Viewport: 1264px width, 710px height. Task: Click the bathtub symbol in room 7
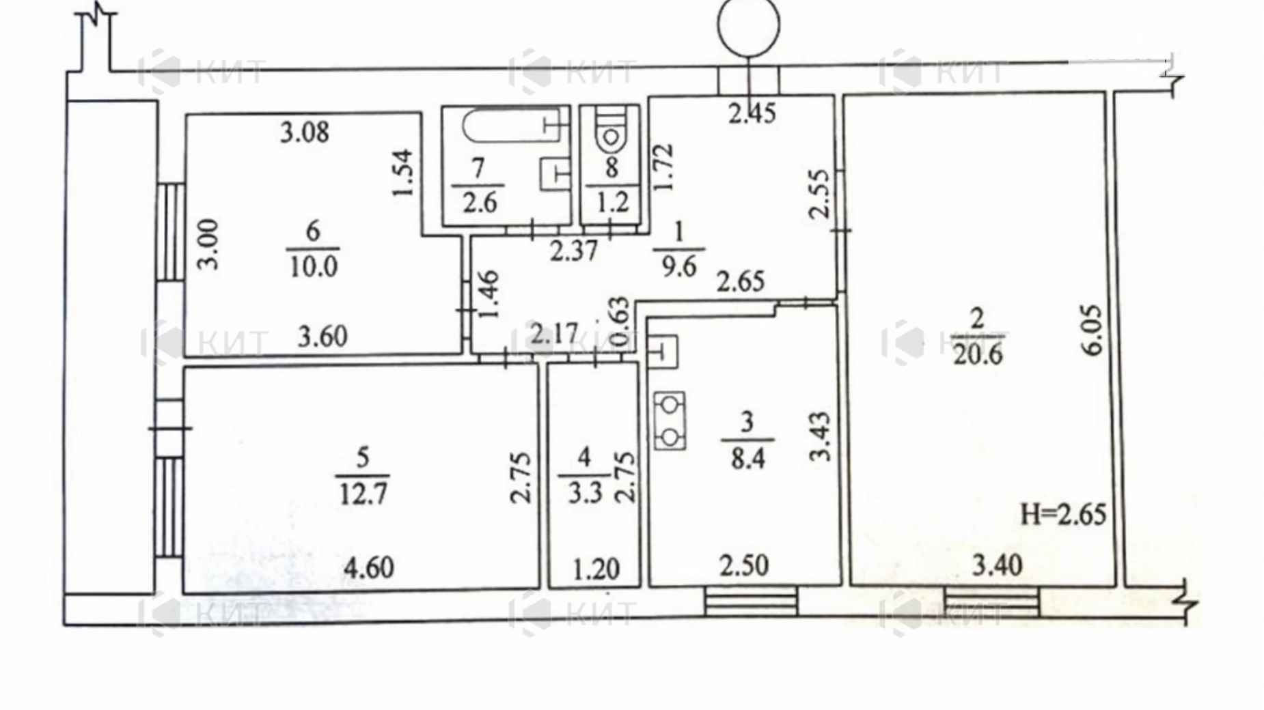509,126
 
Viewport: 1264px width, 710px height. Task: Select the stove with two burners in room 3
669,421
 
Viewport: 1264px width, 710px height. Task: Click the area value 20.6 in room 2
977,355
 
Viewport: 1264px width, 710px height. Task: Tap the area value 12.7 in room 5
363,493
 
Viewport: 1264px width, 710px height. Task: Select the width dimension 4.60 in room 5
368,567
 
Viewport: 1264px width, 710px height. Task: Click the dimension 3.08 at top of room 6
305,132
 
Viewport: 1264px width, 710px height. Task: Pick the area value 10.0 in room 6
313,267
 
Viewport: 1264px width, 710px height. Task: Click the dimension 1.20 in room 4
595,568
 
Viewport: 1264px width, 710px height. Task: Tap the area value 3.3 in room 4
585,492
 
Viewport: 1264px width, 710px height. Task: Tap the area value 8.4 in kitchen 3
747,457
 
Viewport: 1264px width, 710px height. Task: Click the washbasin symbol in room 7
555,173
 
